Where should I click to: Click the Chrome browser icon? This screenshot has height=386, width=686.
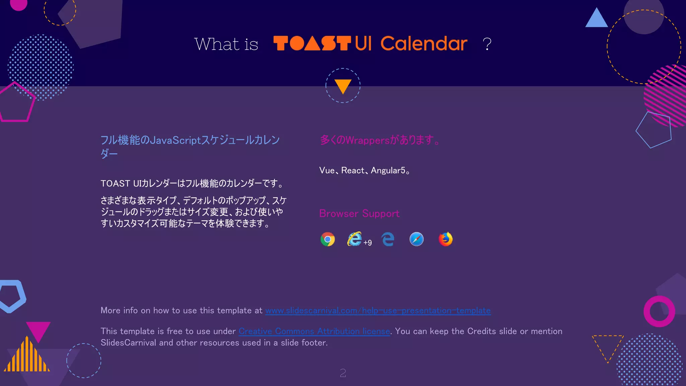click(328, 239)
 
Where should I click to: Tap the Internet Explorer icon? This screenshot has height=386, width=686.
click(354, 239)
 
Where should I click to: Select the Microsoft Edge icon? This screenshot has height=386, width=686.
click(388, 239)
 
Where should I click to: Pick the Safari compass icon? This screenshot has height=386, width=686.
click(416, 239)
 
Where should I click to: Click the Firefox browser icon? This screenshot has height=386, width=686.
click(445, 239)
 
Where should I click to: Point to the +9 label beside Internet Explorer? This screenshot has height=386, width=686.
click(367, 243)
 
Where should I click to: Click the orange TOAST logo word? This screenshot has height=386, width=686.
click(312, 44)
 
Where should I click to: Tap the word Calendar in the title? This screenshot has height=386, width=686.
click(424, 44)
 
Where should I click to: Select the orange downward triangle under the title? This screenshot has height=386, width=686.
click(343, 86)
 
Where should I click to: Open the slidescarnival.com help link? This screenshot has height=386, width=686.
click(378, 311)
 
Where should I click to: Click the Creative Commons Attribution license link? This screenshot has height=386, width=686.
click(314, 331)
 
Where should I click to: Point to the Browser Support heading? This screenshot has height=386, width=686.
click(359, 213)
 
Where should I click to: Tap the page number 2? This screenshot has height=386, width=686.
click(343, 373)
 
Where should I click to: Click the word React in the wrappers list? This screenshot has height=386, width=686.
click(353, 171)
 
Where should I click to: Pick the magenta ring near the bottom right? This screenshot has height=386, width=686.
click(659, 311)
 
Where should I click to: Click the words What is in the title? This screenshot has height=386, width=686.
click(226, 44)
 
